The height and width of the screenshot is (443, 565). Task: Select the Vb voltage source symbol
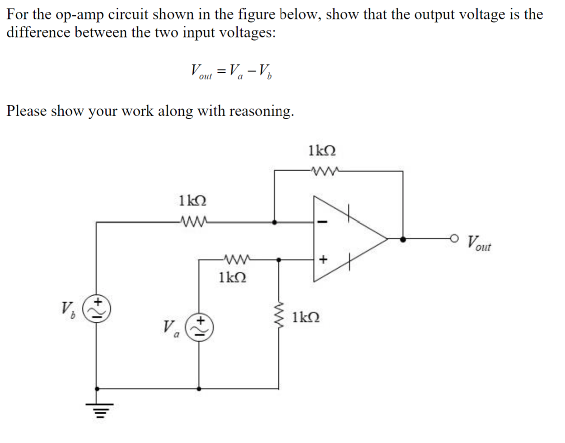[x=97, y=310]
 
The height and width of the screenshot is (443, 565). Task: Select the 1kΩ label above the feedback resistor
[x=322, y=150]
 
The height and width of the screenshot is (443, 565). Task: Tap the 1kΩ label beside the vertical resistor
[x=306, y=317]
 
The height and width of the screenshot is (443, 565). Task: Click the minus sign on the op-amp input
[x=322, y=222]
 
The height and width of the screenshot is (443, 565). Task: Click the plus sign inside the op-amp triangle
[x=322, y=260]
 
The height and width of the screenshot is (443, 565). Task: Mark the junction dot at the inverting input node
[x=275, y=222]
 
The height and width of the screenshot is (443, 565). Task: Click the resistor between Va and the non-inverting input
[x=238, y=260]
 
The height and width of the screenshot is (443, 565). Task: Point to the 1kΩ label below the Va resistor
[x=232, y=277]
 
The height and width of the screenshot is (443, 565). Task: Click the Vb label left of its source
[x=68, y=309]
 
